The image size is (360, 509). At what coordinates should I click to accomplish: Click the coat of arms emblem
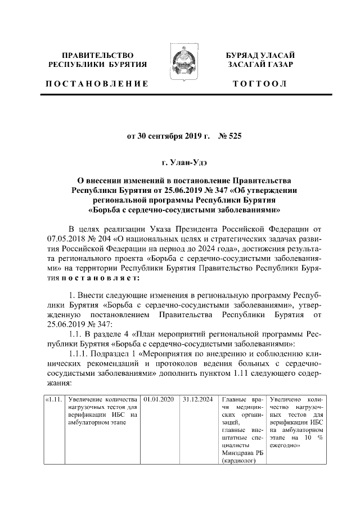[x=181, y=66]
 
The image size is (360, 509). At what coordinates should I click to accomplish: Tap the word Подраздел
[x=116, y=354]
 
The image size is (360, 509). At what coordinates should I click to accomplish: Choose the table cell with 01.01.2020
[x=159, y=400]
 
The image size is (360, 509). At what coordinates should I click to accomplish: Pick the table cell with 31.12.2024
[x=197, y=400]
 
